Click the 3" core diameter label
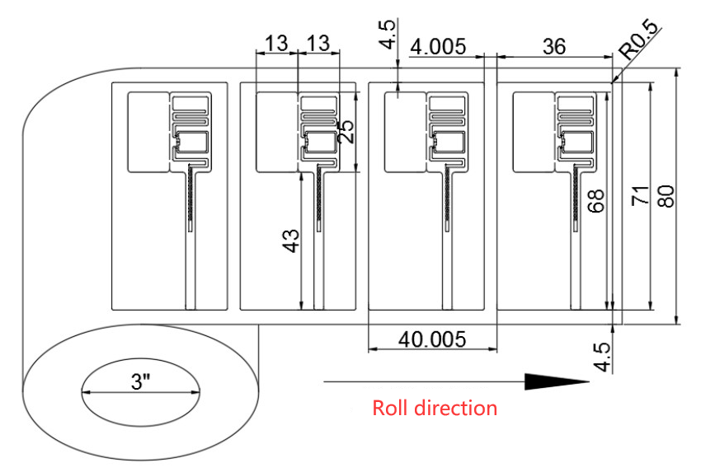[141, 383]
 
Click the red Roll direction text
[435, 408]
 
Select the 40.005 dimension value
[431, 339]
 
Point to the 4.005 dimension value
[440, 47]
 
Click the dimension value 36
[554, 47]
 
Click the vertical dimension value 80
[667, 196]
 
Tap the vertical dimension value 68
[599, 201]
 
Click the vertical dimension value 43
[290, 240]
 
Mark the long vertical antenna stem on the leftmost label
[191, 239]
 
